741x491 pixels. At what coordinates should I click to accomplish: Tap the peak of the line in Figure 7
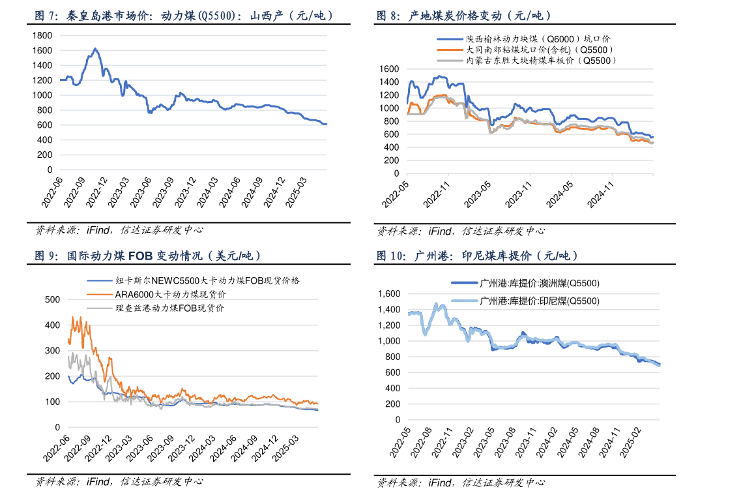95,48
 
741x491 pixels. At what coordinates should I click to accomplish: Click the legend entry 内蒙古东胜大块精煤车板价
541,60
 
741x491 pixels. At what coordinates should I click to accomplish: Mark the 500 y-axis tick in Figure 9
51,299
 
